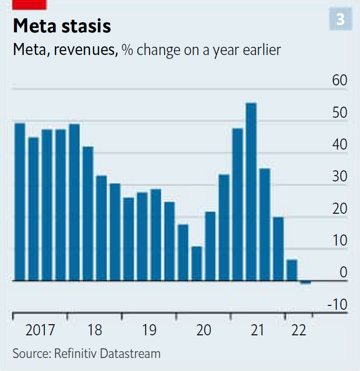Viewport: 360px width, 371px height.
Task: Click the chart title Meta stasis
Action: (x=62, y=26)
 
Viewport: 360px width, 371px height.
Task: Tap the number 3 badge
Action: (x=340, y=20)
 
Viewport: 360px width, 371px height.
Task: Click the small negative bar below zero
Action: (x=305, y=282)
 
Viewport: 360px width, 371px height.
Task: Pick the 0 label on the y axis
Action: (x=343, y=273)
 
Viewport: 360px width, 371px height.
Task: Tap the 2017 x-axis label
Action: (x=41, y=330)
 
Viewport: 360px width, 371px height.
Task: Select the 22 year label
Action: (x=299, y=330)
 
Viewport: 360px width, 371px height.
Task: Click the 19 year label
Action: (x=149, y=330)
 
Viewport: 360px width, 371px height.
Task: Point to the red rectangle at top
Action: (x=29, y=4)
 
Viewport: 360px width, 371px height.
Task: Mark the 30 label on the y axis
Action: (x=340, y=177)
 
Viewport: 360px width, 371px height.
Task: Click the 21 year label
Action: (x=258, y=330)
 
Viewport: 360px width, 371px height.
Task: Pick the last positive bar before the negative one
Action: (x=292, y=270)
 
